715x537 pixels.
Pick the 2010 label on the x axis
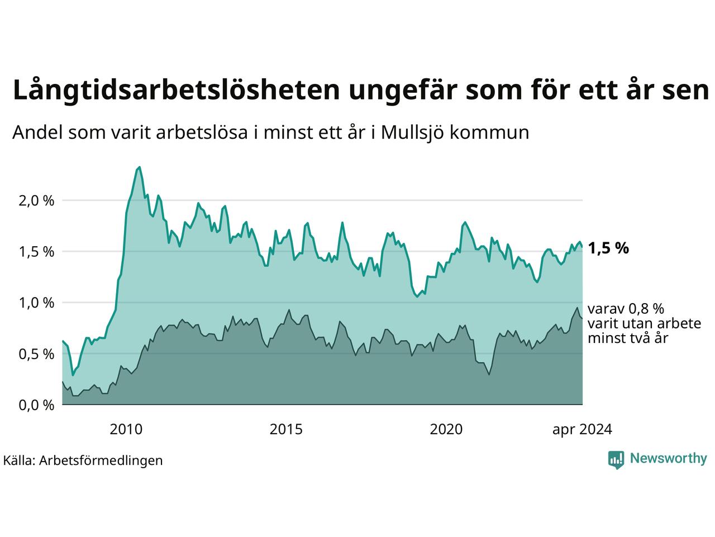click(126, 430)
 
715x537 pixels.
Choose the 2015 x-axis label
click(286, 430)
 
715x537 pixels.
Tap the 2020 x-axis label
click(446, 430)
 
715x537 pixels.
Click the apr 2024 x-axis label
click(582, 430)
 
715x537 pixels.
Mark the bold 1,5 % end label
click(608, 248)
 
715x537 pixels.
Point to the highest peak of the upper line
click(139, 167)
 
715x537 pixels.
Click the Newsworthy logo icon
click(616, 459)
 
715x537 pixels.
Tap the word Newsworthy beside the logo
click(668, 459)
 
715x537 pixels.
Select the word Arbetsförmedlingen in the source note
click(101, 460)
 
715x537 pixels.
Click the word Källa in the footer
click(19, 460)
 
